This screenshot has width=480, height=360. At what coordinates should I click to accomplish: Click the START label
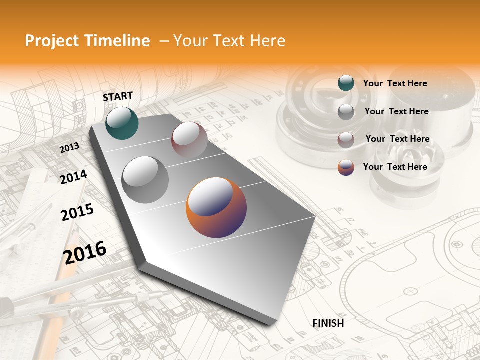pyautogui.click(x=118, y=96)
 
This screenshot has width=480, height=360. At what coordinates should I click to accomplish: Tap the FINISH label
pyautogui.click(x=328, y=323)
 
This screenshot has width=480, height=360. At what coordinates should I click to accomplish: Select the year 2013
pyautogui.click(x=70, y=147)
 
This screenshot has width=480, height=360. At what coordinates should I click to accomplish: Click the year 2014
pyautogui.click(x=73, y=177)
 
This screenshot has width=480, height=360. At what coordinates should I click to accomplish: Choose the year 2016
pyautogui.click(x=85, y=252)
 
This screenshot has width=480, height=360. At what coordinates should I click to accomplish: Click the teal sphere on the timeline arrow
pyautogui.click(x=122, y=123)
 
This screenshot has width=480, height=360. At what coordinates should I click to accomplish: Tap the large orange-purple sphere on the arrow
pyautogui.click(x=216, y=207)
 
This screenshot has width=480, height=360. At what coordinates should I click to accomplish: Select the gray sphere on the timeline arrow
pyautogui.click(x=145, y=180)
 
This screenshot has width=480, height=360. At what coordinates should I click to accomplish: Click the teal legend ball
pyautogui.click(x=346, y=83)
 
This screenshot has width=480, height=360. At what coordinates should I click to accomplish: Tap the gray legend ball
pyautogui.click(x=346, y=112)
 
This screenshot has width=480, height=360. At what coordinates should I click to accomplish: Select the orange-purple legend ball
pyautogui.click(x=346, y=167)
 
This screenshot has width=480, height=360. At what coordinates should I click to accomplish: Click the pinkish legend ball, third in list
pyautogui.click(x=346, y=140)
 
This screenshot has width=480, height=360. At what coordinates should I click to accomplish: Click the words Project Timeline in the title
pyautogui.click(x=87, y=41)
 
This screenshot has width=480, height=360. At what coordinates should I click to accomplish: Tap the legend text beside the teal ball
pyautogui.click(x=395, y=83)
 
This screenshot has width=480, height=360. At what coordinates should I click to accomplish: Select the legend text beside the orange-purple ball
pyautogui.click(x=395, y=167)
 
